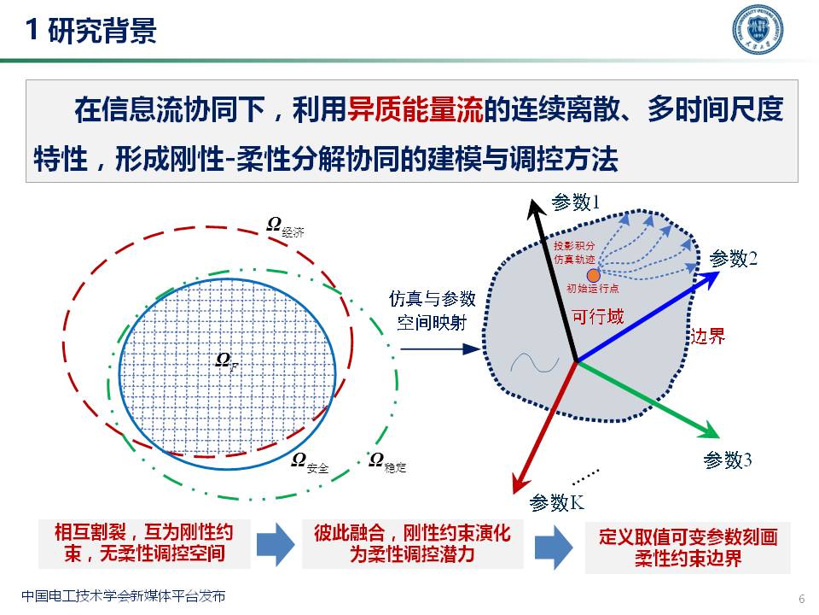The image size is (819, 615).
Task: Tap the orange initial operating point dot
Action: [594, 274]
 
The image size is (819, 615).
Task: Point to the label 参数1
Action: [576, 202]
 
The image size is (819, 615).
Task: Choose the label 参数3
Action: [728, 460]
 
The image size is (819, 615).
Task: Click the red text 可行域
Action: [598, 317]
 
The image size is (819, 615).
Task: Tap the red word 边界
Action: [707, 336]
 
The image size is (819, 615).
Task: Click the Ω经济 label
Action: [286, 225]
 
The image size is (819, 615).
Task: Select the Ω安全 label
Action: [310, 462]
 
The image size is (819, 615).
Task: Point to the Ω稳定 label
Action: [387, 462]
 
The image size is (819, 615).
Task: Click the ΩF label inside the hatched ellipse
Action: [226, 360]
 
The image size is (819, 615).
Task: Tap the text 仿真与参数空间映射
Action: [432, 311]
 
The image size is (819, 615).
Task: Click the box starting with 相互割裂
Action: [144, 543]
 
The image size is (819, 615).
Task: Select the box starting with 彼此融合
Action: [412, 543]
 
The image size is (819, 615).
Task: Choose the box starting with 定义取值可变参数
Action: [688, 548]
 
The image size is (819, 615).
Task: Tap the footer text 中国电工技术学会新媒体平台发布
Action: [124, 596]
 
